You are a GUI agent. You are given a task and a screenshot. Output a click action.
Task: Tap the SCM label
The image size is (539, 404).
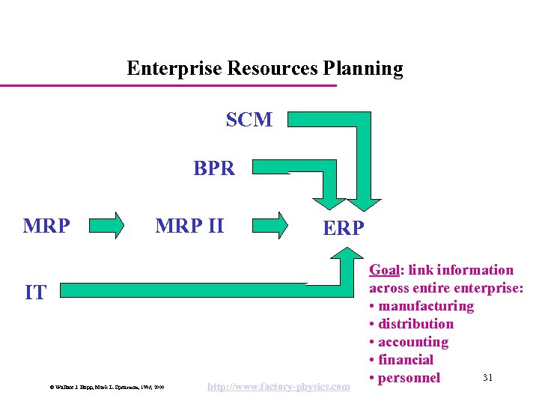coord(249,120)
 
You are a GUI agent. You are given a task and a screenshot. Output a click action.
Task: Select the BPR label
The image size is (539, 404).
coord(214,168)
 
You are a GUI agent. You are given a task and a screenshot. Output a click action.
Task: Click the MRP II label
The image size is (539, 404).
coord(189,224)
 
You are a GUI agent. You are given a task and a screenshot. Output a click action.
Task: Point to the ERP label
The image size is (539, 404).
coord(343,228)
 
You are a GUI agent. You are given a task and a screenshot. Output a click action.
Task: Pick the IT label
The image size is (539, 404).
coord(35,293)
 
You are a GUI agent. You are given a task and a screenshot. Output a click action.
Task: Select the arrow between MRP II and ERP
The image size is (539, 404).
coord(269,224)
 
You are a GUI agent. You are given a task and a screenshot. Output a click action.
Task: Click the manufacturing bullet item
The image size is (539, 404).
coord(426,306)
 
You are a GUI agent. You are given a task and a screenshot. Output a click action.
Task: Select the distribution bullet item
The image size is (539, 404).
coord(416,324)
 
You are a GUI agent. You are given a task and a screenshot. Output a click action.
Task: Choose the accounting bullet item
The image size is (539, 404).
coord(414,342)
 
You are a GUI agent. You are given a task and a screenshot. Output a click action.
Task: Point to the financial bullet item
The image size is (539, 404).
coord(406,360)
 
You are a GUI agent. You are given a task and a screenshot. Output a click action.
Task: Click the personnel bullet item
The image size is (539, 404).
coord(409,378)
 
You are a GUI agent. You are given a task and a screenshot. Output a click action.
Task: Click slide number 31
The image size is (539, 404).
coord(487,376)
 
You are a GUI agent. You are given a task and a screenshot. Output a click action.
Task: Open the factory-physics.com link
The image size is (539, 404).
coord(278,386)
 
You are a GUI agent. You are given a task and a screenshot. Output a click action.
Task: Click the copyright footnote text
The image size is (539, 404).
coord(107,387)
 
